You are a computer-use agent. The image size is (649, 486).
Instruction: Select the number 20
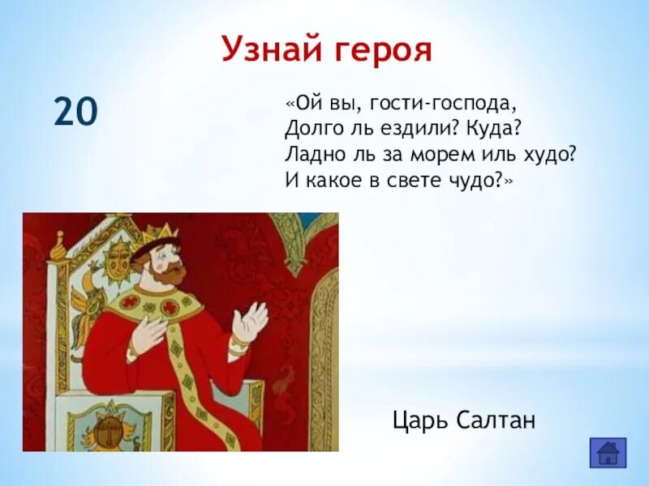75,111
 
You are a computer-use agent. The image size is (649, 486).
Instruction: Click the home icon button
607,452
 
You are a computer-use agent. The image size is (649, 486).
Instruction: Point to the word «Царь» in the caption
419,420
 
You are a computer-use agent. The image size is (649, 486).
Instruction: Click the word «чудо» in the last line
478,180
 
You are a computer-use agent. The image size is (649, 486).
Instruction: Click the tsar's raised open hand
250,322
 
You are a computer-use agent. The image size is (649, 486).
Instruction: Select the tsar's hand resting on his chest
150,331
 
